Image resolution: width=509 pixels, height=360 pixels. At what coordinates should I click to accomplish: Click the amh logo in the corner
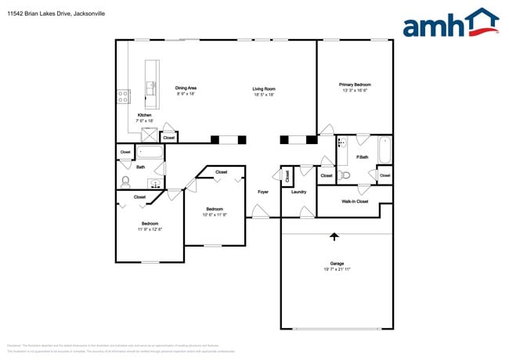449,23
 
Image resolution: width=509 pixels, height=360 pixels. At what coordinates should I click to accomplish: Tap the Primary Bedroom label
355,85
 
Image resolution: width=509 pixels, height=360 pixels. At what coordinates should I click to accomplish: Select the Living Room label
263,88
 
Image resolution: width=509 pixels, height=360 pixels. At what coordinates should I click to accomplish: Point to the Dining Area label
186,88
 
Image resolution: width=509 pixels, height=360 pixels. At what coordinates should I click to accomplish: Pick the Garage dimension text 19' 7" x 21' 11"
336,269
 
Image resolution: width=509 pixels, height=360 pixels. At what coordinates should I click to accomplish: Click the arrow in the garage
335,236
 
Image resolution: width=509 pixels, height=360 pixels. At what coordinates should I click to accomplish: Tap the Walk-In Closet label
355,201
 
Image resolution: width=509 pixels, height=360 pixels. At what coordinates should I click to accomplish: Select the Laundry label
298,192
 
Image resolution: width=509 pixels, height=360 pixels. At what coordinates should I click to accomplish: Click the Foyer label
263,192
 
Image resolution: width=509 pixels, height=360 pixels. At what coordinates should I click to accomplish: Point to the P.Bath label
362,157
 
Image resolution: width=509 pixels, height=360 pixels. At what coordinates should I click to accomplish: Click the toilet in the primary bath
345,175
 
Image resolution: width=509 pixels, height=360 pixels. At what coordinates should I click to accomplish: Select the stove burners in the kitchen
123,96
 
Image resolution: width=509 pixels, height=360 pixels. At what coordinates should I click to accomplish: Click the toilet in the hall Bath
125,182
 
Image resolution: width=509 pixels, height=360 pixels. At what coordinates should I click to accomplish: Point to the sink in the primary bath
341,144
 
